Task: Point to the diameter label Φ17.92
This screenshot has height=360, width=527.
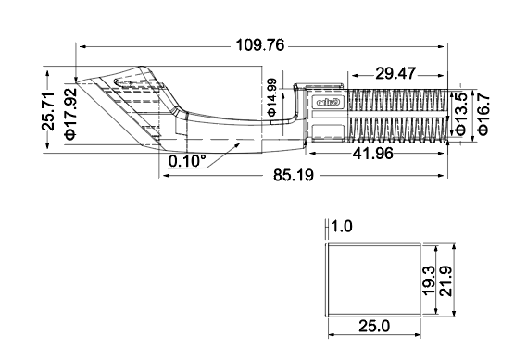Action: pyautogui.click(x=70, y=111)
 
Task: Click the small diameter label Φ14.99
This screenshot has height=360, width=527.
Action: pyautogui.click(x=271, y=97)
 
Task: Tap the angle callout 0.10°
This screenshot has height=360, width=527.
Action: pyautogui.click(x=188, y=161)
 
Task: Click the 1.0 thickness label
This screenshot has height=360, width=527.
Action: pyautogui.click(x=342, y=226)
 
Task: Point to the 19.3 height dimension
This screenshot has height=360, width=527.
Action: pyautogui.click(x=428, y=279)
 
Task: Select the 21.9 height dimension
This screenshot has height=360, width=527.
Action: pyautogui.click(x=446, y=279)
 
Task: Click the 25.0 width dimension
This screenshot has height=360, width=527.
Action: pyautogui.click(x=373, y=326)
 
